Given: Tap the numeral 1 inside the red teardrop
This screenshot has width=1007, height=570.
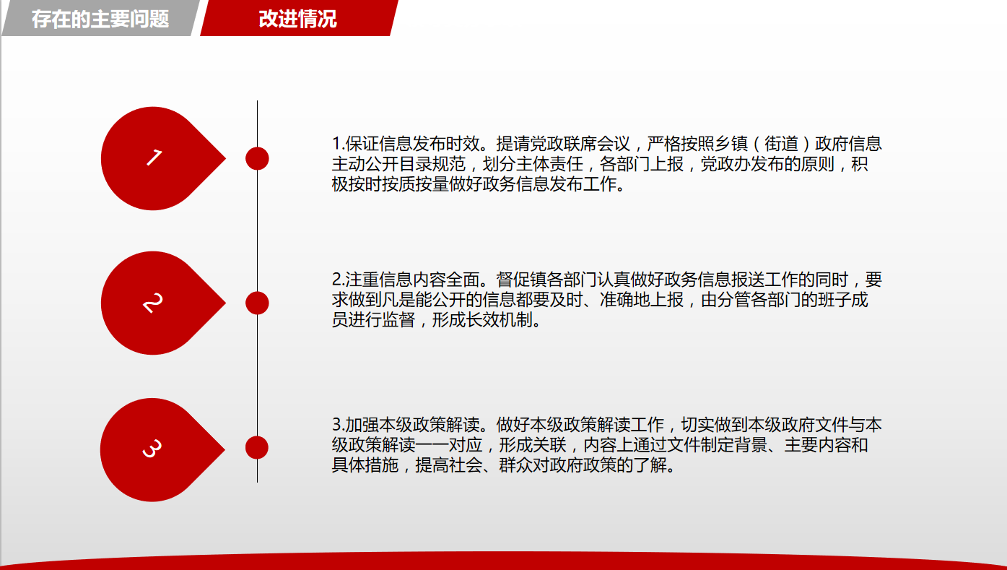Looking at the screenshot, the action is pyautogui.click(x=154, y=157).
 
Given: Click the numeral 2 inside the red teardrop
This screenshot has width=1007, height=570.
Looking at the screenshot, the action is pyautogui.click(x=153, y=303).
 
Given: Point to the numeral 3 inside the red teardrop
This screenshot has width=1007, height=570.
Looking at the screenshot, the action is pyautogui.click(x=152, y=449).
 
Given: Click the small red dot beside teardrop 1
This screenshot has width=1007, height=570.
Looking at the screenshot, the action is pyautogui.click(x=257, y=158).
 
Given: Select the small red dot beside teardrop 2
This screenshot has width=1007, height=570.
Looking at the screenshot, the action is pyautogui.click(x=257, y=303).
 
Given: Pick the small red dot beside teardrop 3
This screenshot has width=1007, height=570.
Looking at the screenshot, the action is pyautogui.click(x=257, y=447).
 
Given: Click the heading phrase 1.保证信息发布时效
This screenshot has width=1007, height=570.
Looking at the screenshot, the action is pyautogui.click(x=406, y=144).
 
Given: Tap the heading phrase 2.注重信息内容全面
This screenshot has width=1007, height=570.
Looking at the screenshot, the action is pyautogui.click(x=406, y=280).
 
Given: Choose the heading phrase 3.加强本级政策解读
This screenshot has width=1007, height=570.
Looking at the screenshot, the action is pyautogui.click(x=406, y=425).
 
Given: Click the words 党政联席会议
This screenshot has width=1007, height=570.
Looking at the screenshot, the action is pyautogui.click(x=580, y=144).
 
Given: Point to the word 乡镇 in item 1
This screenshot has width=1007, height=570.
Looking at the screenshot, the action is pyautogui.click(x=731, y=144).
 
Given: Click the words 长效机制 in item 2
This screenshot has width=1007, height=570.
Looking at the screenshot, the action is pyautogui.click(x=499, y=320).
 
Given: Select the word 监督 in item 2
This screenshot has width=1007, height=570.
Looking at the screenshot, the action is pyautogui.click(x=398, y=320).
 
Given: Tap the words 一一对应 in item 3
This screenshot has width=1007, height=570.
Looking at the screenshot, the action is pyautogui.click(x=449, y=445).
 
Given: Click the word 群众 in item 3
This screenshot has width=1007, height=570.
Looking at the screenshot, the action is pyautogui.click(x=515, y=465).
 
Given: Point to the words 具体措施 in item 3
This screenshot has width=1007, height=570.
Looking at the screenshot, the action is pyautogui.click(x=365, y=465).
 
